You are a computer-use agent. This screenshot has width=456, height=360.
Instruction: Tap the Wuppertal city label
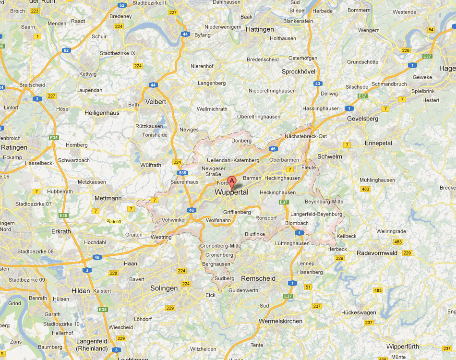[x=231, y=192]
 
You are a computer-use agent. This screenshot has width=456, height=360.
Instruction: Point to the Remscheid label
[x=258, y=278]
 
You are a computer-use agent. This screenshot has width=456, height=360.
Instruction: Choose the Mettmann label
[x=108, y=198]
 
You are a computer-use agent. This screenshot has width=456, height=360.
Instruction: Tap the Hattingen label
[x=260, y=29]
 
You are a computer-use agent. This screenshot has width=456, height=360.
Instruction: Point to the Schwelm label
[x=330, y=156]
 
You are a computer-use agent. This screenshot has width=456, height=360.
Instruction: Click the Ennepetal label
[x=378, y=143]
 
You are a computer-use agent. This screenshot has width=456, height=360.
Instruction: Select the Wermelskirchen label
[x=280, y=321]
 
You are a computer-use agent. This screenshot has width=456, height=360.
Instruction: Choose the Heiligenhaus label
[x=102, y=112]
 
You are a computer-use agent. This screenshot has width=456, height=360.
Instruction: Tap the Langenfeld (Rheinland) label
[x=92, y=344]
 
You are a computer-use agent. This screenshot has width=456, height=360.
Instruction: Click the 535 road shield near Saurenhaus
[x=181, y=173]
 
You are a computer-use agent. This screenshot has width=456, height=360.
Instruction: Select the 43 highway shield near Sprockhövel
[x=318, y=84]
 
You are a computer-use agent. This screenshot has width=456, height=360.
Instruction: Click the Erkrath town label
[x=60, y=231]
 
